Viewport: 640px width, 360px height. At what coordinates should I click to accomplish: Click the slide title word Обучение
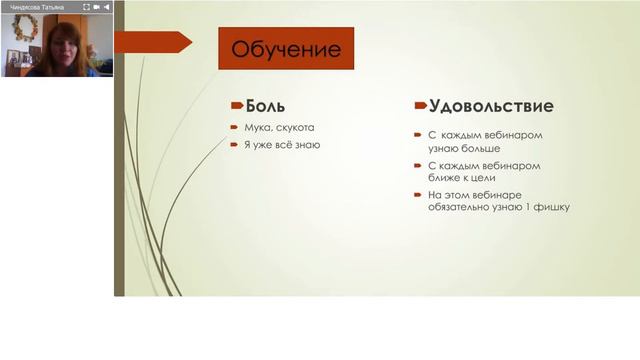[286, 48]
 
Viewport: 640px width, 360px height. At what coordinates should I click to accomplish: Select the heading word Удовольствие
[491, 105]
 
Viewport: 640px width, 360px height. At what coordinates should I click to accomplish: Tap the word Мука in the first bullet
[256, 127]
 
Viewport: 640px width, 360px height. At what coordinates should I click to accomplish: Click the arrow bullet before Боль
[236, 105]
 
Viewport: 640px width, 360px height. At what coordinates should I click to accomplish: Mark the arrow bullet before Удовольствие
[420, 106]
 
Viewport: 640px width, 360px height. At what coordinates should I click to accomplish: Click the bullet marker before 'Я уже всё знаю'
[235, 145]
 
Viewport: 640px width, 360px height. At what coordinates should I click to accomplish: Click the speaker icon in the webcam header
[107, 6]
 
